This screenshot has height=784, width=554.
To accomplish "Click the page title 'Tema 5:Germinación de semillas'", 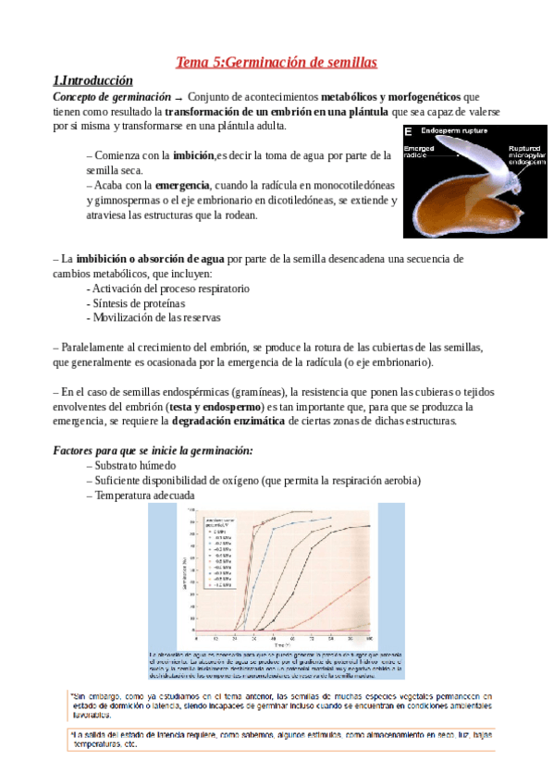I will click(x=277, y=62).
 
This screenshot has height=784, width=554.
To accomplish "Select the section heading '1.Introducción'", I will click(x=92, y=80).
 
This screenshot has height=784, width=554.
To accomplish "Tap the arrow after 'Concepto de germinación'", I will click(x=179, y=97).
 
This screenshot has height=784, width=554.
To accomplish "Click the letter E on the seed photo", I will click(x=409, y=132).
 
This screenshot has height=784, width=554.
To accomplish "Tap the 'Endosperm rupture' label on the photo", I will click(x=455, y=131).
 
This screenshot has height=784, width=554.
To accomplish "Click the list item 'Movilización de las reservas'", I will click(x=154, y=318).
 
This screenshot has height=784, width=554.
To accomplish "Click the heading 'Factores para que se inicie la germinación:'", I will click(x=154, y=450).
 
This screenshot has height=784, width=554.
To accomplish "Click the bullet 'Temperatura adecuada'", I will click(x=140, y=495).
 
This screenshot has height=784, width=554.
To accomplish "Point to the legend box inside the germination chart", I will click(x=218, y=552).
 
